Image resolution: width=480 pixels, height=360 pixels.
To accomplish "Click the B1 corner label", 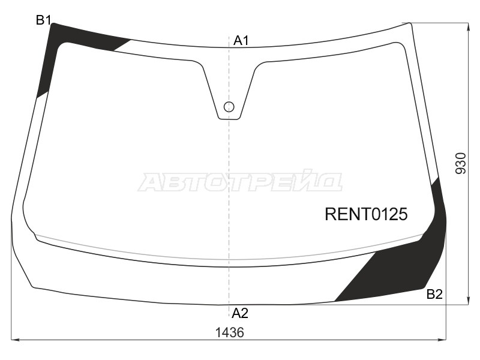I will (x=43, y=20).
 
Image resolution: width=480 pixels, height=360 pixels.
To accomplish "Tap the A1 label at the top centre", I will (x=241, y=41).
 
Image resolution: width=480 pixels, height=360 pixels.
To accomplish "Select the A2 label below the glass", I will (x=240, y=313).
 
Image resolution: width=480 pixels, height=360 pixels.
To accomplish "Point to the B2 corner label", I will (x=434, y=294).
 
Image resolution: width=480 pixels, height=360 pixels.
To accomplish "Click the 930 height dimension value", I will (x=460, y=163).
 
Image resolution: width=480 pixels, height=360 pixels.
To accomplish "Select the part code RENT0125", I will (x=366, y=214).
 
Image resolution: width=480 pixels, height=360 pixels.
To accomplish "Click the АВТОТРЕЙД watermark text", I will (x=240, y=181).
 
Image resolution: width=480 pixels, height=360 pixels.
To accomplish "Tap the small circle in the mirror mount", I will (x=229, y=107).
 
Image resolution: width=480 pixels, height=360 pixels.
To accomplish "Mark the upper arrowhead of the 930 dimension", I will (x=467, y=25).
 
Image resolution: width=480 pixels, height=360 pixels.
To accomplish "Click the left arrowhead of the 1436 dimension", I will (x=14, y=340).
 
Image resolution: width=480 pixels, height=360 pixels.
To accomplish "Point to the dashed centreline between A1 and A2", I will (x=229, y=180).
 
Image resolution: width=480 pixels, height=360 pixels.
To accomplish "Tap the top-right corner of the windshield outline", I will (x=411, y=23).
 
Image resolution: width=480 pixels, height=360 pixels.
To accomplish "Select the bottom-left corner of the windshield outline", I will (x=34, y=287).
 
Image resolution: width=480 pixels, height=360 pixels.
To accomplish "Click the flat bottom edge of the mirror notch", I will (x=229, y=119).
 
